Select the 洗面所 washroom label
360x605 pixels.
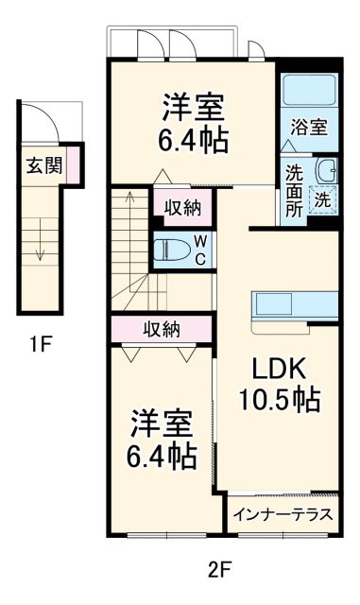(294, 192)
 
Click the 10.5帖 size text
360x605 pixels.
(278, 400)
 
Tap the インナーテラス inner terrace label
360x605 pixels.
(283, 515)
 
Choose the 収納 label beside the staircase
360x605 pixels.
(182, 208)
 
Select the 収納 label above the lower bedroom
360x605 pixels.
(161, 329)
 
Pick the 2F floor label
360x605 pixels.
(219, 571)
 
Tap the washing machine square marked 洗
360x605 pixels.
(322, 199)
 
